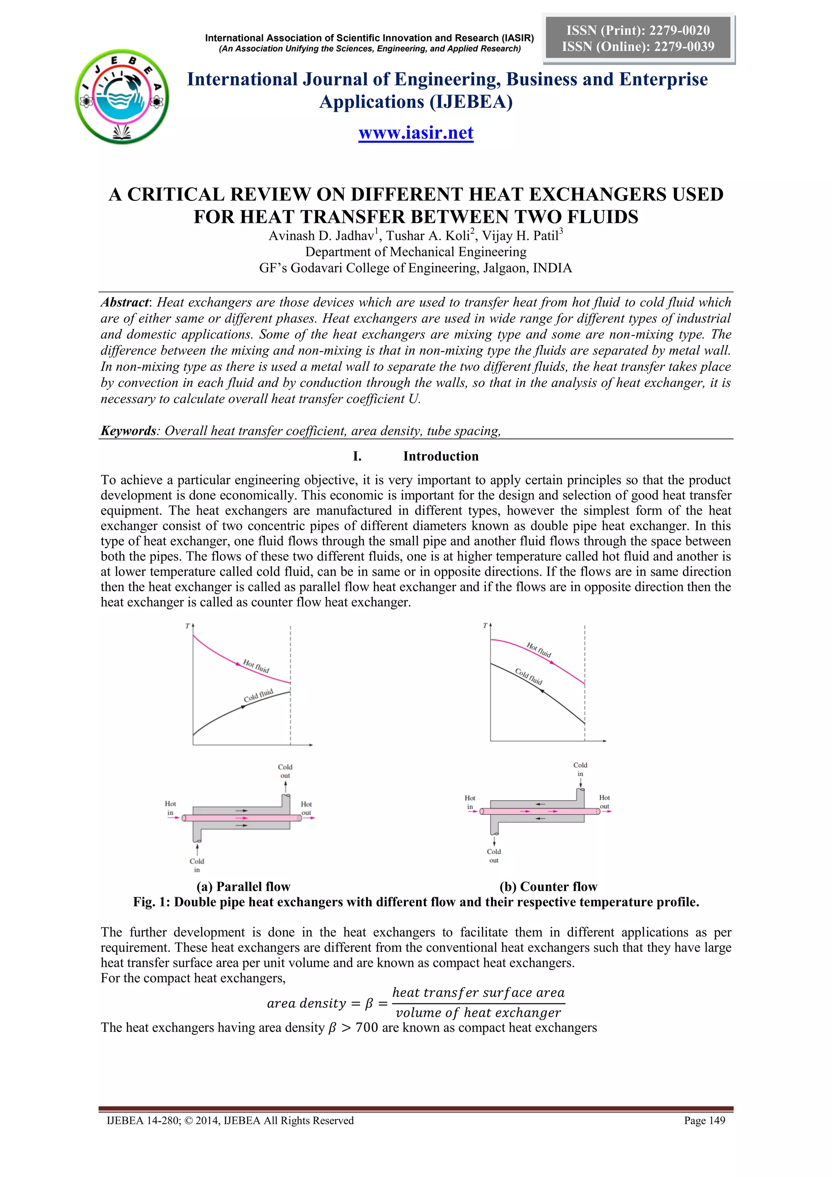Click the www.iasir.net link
(x=416, y=133)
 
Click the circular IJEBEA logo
(x=122, y=97)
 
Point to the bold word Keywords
(x=128, y=431)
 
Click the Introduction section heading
(x=441, y=456)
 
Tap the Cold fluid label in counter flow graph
(x=528, y=677)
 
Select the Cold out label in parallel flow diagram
(x=285, y=771)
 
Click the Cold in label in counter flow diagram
(x=580, y=769)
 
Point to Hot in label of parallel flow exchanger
(x=170, y=808)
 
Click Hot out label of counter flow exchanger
(x=604, y=802)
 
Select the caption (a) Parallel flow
(x=243, y=887)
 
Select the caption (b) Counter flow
(x=548, y=887)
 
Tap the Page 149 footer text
(x=704, y=1120)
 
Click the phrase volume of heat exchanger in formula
(x=478, y=1013)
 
